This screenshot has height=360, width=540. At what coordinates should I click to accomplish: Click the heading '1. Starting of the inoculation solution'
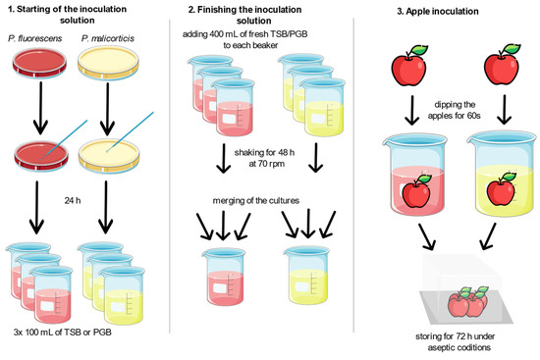pyautogui.click(x=87, y=18)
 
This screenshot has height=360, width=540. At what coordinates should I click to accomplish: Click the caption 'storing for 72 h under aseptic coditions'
pyautogui.click(x=449, y=339)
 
